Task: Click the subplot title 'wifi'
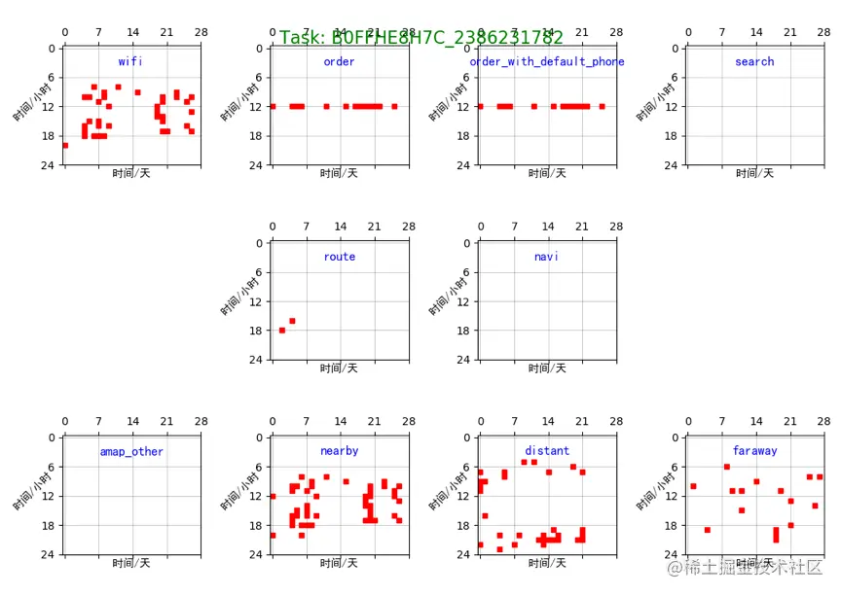[130, 61]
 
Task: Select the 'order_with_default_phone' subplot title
[547, 61]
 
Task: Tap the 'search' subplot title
[754, 61]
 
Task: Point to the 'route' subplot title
[339, 257]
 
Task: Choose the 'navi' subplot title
[547, 257]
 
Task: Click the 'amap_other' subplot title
[131, 451]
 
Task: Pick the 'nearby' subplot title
[339, 451]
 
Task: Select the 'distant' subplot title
[547, 451]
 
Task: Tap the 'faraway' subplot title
[754, 451]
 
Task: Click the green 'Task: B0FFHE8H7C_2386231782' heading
[421, 38]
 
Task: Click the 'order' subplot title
[339, 61]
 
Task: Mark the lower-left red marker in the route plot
[282, 331]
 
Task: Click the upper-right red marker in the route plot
[292, 321]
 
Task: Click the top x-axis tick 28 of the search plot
[823, 32]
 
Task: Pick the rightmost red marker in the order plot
[394, 106]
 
